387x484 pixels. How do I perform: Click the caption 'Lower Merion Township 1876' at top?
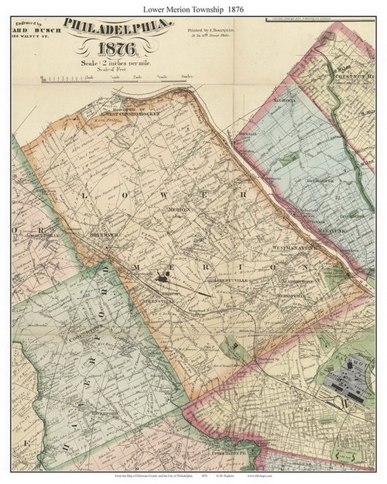click(193, 7)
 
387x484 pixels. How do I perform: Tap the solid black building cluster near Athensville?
click(163, 275)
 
